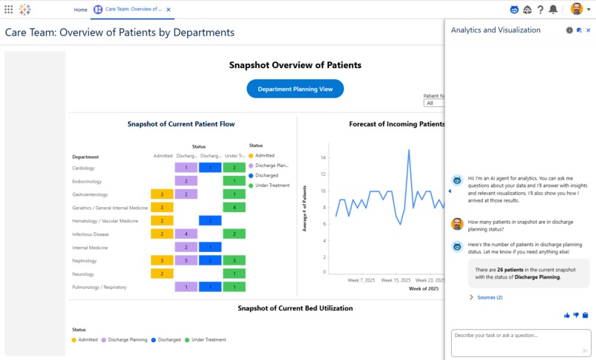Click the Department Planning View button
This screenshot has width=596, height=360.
click(295, 89)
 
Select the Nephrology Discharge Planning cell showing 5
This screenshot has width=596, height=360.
click(186, 260)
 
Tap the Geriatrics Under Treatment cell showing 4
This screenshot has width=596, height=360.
click(234, 207)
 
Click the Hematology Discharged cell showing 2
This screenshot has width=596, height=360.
click(210, 220)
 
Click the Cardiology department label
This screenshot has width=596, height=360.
click(83, 168)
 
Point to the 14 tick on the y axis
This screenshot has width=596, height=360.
click(323, 157)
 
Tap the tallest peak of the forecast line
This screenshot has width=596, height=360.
click(409, 150)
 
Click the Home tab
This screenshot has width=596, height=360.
click(80, 10)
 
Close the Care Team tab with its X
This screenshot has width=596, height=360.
click(168, 10)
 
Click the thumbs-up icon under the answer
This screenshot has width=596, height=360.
click(567, 316)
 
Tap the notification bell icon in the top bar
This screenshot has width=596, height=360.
click(553, 10)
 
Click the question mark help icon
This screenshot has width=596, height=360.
click(541, 10)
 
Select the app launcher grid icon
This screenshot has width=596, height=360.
click(9, 10)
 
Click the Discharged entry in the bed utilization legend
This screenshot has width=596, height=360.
click(166, 339)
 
